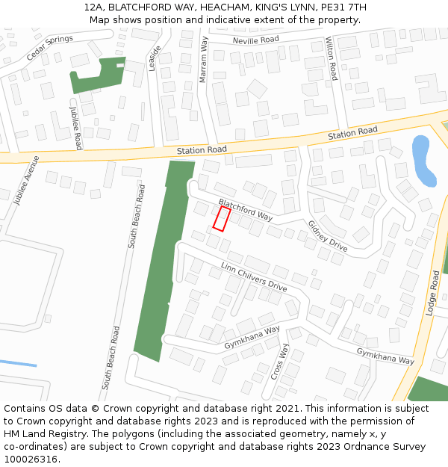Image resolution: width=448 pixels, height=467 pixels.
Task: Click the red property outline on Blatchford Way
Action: tap(221, 218)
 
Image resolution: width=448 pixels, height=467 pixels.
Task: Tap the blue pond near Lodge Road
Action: tap(422, 160)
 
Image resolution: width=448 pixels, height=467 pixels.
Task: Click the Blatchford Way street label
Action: tap(246, 209)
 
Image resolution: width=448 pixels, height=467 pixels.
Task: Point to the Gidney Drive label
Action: tap(328, 235)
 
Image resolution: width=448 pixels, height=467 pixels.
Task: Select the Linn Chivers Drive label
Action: tap(254, 276)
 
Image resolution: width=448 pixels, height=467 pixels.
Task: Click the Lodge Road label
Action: tap(432, 293)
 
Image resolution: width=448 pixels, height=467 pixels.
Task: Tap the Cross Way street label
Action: tap(279, 362)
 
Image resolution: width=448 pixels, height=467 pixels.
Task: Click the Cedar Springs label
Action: tap(50, 48)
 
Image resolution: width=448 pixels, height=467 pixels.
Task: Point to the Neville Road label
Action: tap(255, 40)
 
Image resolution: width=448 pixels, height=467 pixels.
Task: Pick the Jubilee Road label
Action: tap(76, 127)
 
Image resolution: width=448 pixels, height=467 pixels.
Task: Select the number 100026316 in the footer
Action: tap(31, 459)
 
